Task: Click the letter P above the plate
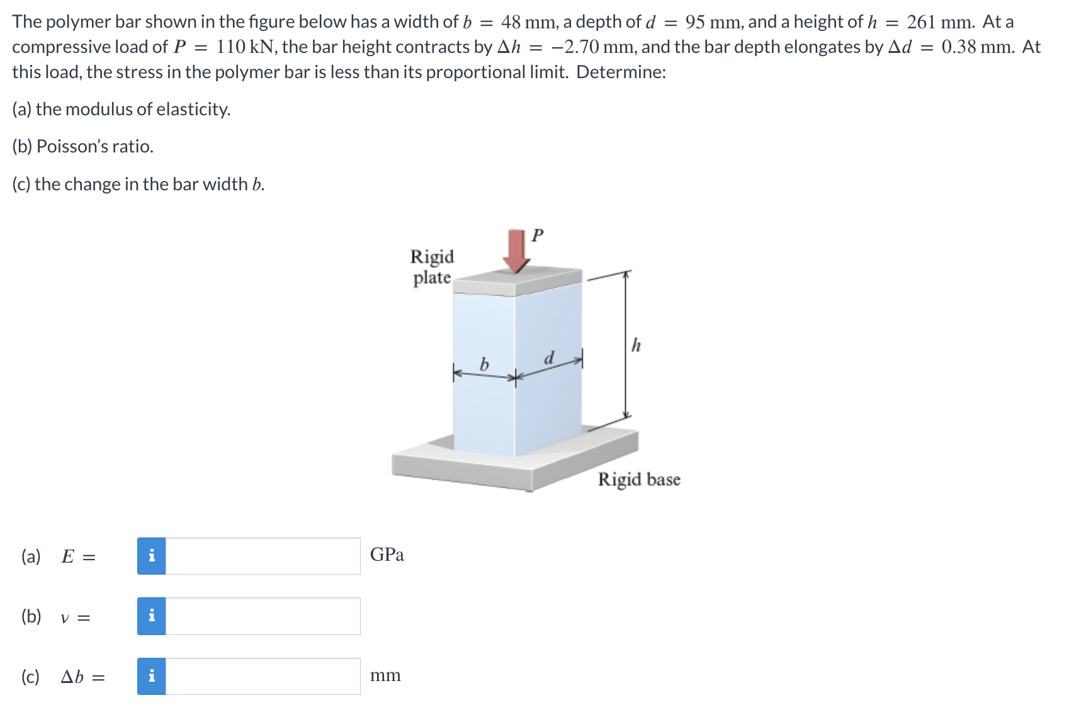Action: [537, 236]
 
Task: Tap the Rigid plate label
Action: [432, 267]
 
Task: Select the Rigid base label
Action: [638, 479]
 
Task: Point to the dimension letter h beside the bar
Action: [636, 345]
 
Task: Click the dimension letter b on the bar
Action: [484, 364]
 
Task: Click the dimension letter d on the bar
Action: [549, 358]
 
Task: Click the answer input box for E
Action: [263, 556]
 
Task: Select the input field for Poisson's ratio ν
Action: [263, 616]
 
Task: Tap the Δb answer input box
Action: [263, 677]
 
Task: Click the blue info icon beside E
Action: [152, 556]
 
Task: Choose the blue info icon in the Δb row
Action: [152, 677]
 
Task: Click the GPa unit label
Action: [387, 554]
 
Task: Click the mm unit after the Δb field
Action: [385, 675]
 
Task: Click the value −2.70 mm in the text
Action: [588, 47]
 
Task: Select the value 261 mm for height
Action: [940, 22]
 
